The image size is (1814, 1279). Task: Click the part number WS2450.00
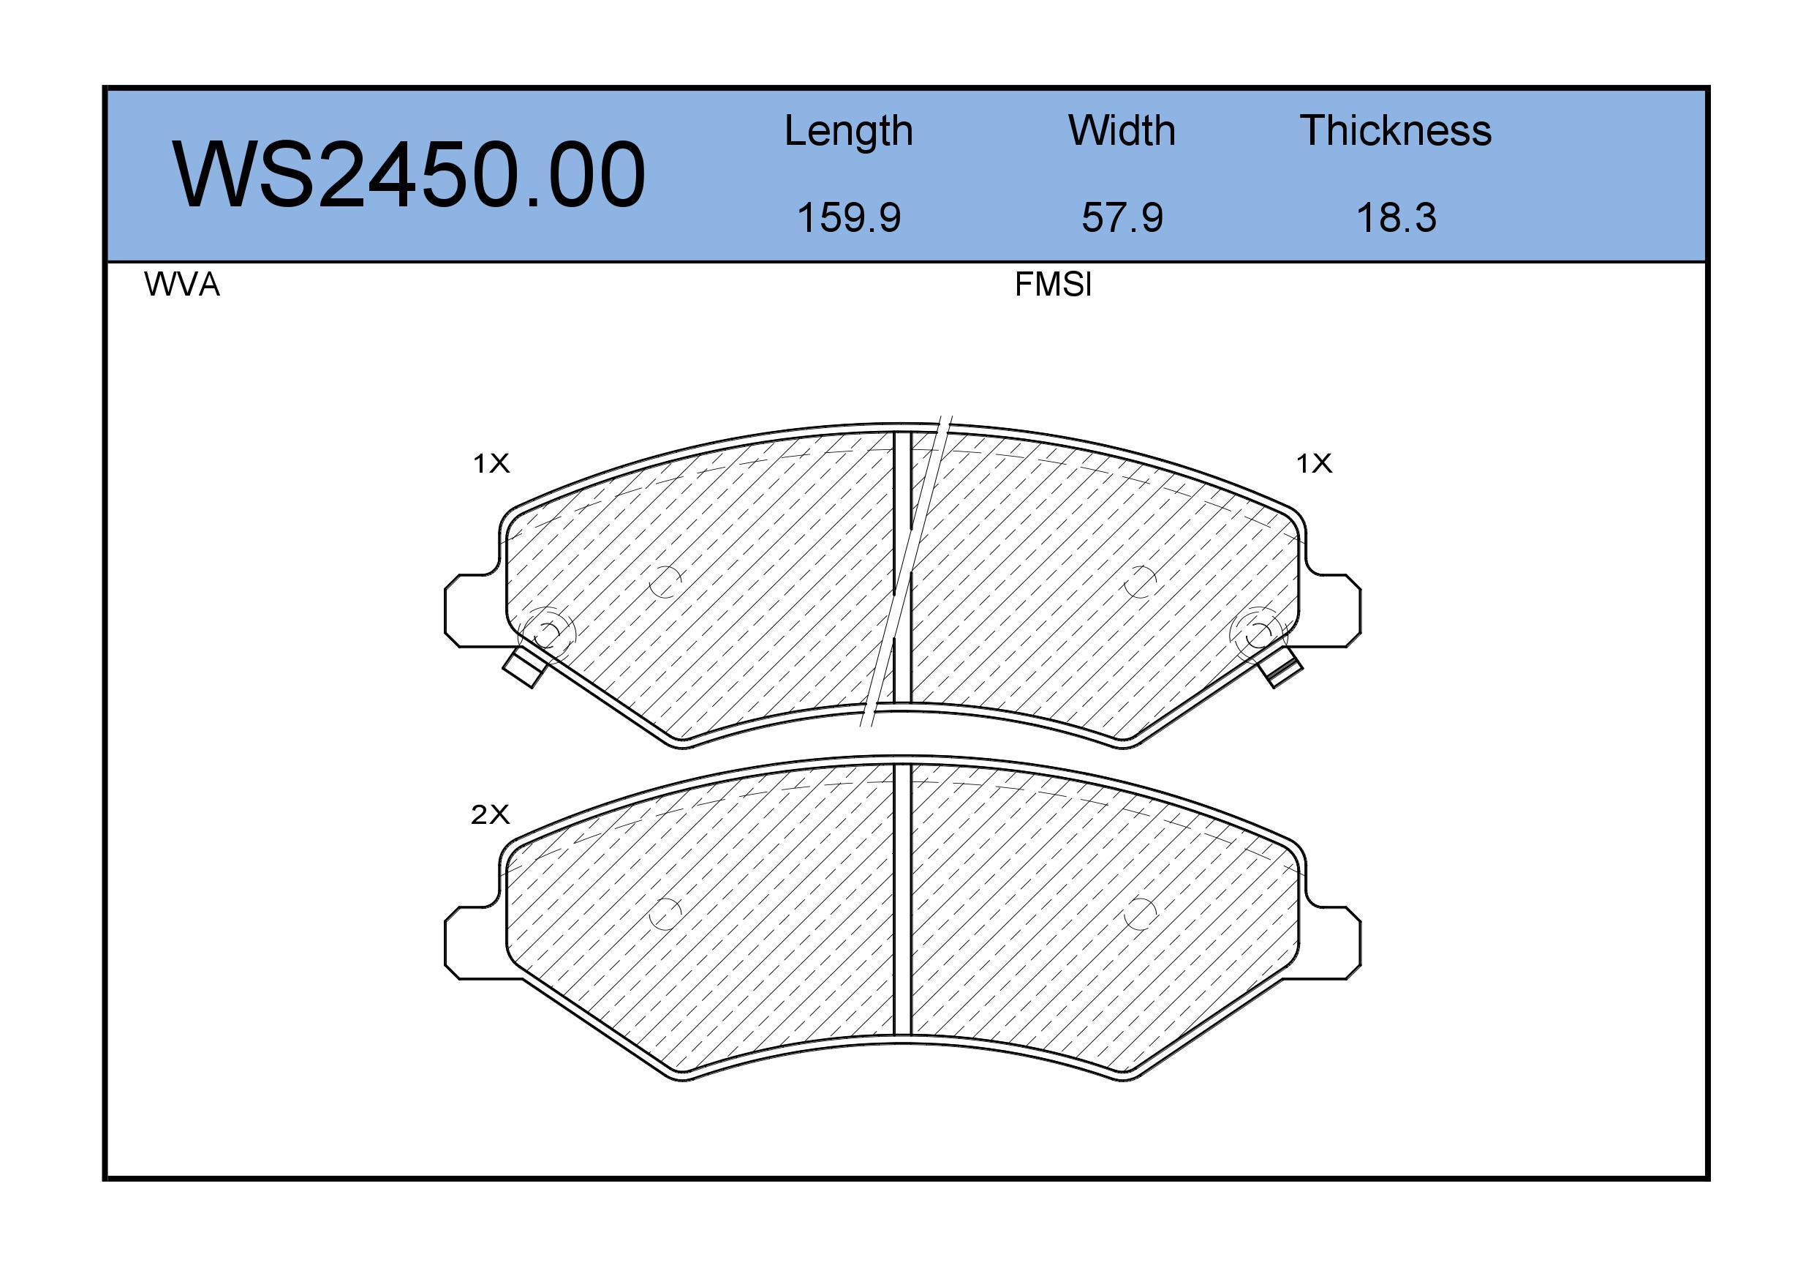point(409,175)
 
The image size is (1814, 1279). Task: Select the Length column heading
point(849,131)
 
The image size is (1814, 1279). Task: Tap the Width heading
point(1121,130)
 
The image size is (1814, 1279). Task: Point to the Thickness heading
point(1395,130)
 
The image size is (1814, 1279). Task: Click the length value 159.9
point(849,217)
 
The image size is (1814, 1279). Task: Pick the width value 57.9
point(1122,217)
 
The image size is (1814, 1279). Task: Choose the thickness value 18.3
point(1396,217)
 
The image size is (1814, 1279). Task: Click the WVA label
point(182,285)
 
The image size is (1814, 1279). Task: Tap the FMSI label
point(1053,285)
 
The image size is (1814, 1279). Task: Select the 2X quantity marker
point(490,814)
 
